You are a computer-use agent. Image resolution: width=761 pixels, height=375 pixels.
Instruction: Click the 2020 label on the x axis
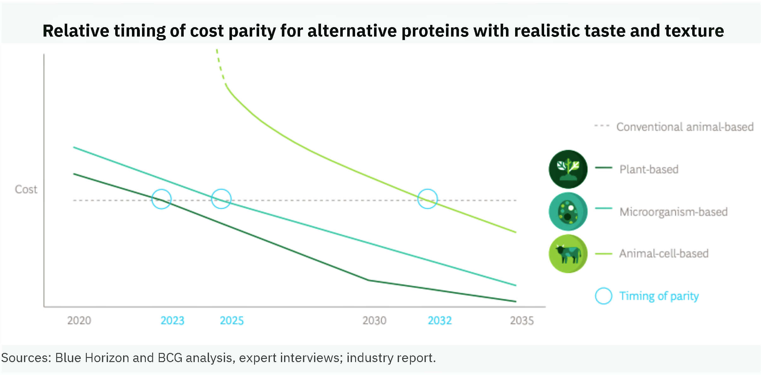click(x=79, y=320)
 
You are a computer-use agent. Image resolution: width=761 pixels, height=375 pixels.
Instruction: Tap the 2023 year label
click(x=172, y=320)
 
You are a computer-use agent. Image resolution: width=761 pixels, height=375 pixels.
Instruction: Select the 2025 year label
click(x=232, y=320)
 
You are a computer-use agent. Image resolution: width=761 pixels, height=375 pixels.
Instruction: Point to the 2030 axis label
click(x=374, y=320)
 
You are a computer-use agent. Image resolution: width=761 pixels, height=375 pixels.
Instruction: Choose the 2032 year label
click(x=440, y=320)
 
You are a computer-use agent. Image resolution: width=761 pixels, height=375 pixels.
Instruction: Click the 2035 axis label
click(x=522, y=320)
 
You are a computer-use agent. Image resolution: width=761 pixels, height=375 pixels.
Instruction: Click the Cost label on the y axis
click(x=26, y=189)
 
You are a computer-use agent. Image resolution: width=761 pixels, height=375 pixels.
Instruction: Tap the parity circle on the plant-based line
click(x=161, y=199)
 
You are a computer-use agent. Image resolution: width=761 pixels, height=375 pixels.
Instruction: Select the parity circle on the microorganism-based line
click(x=221, y=199)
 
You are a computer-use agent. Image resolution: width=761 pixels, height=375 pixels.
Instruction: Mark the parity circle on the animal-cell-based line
click(x=427, y=199)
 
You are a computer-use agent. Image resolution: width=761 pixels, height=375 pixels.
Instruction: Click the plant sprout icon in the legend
click(x=568, y=169)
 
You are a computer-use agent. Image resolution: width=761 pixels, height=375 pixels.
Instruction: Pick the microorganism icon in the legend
click(x=568, y=212)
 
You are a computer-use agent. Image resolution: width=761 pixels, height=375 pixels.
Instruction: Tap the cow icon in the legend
click(x=568, y=254)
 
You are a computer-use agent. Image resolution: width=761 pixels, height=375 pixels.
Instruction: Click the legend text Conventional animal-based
click(x=685, y=127)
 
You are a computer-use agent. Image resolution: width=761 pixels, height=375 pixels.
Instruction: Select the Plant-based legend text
click(x=649, y=169)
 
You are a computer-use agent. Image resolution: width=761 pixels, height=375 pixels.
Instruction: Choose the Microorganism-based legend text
click(x=673, y=212)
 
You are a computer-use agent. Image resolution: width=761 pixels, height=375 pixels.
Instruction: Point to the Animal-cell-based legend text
click(x=663, y=254)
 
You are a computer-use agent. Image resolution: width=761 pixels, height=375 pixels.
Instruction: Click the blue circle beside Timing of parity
click(x=603, y=296)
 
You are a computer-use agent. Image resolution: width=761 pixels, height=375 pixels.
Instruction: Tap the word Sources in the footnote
click(x=26, y=358)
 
